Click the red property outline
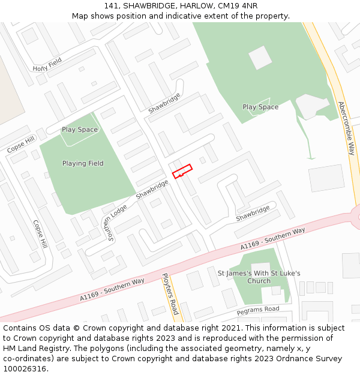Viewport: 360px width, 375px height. coord(182,171)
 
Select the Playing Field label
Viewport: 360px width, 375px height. coord(83,163)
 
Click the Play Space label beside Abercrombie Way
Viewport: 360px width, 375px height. coord(260,107)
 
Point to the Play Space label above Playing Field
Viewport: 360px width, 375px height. coord(79,130)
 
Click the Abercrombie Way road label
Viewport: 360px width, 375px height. coord(347,128)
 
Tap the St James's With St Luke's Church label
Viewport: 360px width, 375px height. coord(259,277)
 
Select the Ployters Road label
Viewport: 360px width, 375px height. coord(170,294)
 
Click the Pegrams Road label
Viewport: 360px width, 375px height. coord(258,310)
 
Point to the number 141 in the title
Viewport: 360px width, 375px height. coord(111,5)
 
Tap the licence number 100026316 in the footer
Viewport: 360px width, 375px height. coord(25,369)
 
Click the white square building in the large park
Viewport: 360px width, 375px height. coord(260,58)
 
